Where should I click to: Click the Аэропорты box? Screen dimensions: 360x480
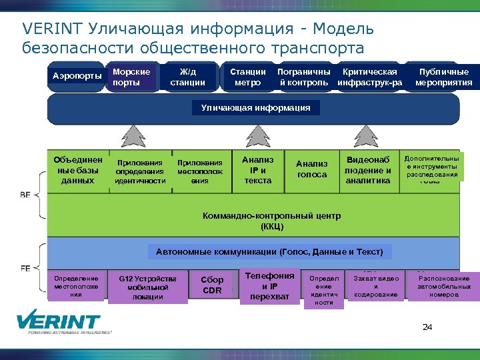click(77, 77)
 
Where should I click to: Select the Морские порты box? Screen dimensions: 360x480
click(132, 77)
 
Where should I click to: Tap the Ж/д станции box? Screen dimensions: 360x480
click(187, 77)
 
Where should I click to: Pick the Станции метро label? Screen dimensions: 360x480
click(247, 77)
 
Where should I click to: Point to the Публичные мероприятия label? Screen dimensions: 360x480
click(443, 77)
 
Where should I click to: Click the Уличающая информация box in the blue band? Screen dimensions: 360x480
click(251, 107)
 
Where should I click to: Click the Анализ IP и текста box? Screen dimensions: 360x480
click(257, 171)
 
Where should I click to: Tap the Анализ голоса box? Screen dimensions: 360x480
click(311, 169)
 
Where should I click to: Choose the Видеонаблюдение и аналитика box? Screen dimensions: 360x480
click(368, 171)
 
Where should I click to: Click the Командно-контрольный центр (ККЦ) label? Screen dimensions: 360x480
click(271, 221)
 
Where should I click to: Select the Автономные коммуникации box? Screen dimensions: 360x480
click(269, 252)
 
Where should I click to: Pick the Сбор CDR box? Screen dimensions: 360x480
click(212, 285)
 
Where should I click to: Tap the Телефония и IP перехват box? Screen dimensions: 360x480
click(269, 286)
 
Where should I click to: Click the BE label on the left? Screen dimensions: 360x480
click(25, 195)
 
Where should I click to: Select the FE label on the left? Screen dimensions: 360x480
click(25, 268)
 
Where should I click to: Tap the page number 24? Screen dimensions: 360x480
click(427, 327)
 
